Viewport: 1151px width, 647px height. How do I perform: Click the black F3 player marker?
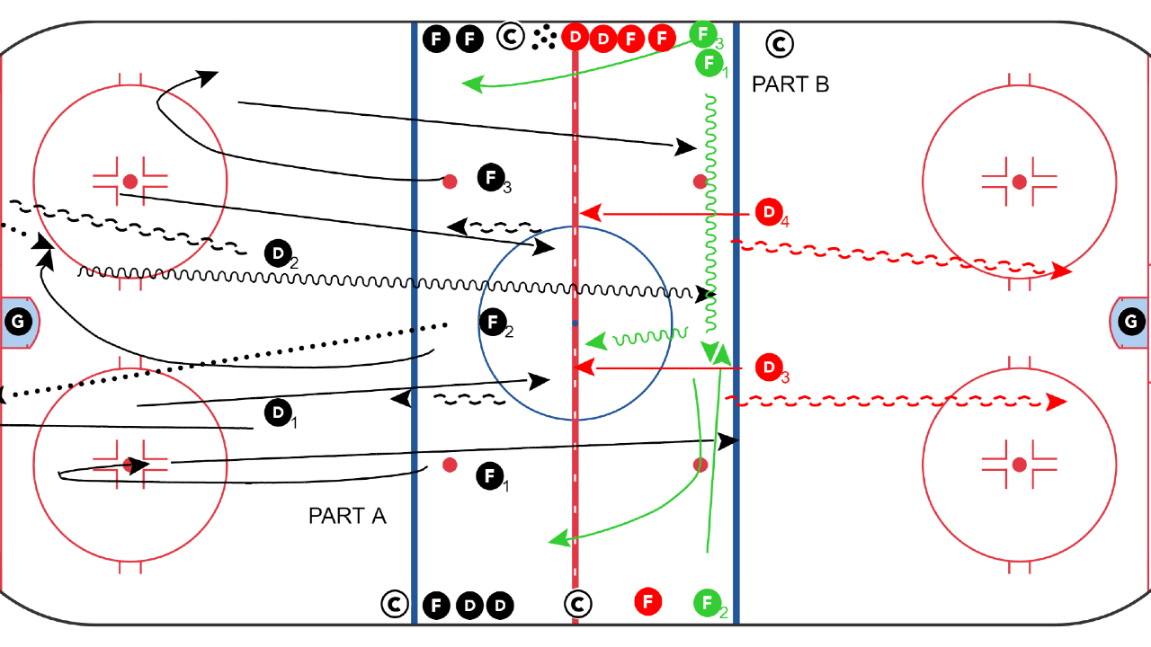490,177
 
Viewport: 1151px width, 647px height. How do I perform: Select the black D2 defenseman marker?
278,254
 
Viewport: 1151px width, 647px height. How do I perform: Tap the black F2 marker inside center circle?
492,322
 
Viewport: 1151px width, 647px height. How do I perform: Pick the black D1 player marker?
278,413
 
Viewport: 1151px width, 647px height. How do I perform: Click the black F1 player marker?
488,476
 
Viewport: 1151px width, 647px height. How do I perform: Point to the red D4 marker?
767,213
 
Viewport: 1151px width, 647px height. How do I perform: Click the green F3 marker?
703,34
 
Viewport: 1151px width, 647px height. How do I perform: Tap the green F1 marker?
709,63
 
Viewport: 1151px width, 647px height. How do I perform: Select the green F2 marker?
708,602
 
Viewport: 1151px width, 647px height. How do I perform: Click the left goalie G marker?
17,321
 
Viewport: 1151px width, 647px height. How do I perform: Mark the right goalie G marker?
1132,321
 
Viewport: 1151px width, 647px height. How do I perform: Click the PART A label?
347,516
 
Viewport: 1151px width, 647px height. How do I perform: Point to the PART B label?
790,84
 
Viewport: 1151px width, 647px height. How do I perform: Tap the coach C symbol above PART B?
779,42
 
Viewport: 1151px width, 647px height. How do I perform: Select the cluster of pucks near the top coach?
543,37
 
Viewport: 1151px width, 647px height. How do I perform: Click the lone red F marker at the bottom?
647,600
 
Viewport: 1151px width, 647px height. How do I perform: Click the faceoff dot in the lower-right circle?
1019,465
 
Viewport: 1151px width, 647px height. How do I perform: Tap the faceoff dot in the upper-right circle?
1019,182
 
